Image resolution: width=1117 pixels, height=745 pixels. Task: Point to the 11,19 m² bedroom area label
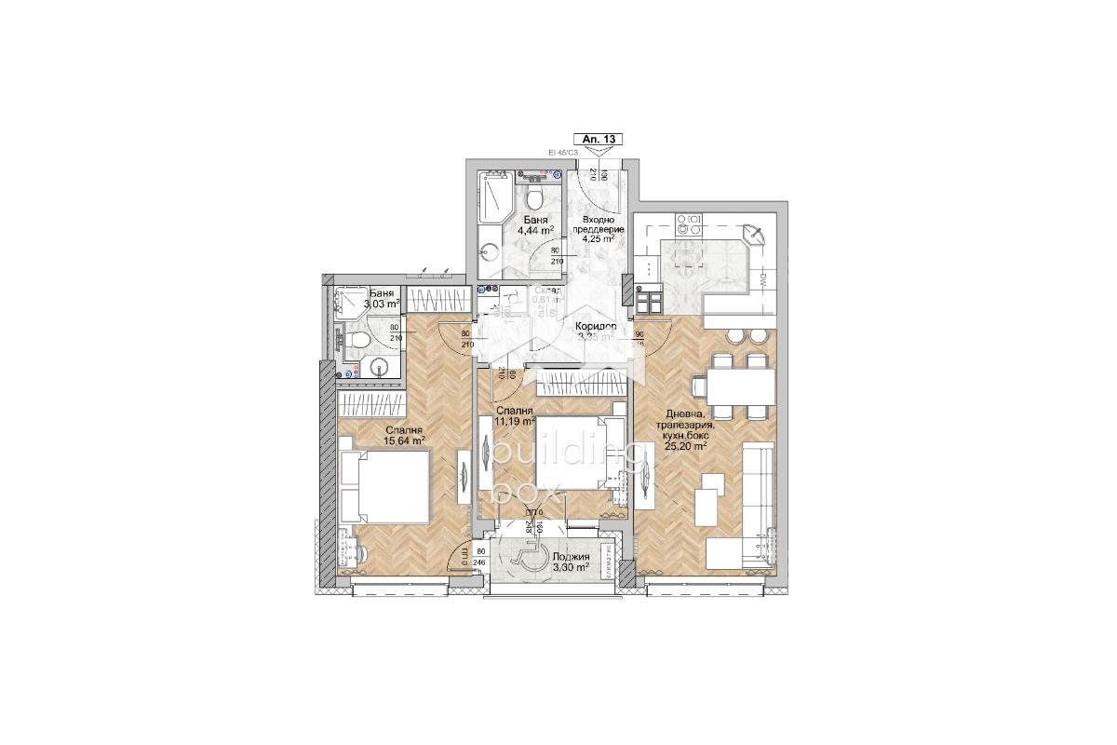click(x=515, y=421)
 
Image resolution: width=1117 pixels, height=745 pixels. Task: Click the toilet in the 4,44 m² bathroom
click(x=534, y=196)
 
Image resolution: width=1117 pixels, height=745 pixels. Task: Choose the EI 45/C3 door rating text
click(x=563, y=152)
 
